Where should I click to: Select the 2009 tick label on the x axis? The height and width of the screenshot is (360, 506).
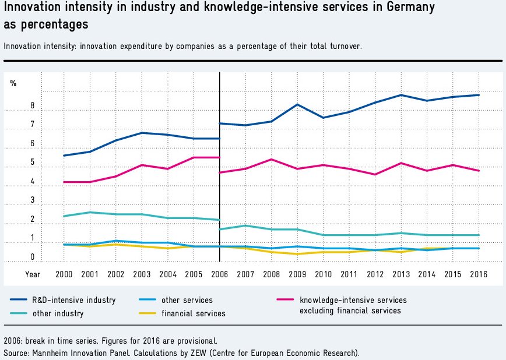297,273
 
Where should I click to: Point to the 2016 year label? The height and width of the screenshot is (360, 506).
479,273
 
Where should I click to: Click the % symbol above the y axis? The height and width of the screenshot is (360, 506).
13,84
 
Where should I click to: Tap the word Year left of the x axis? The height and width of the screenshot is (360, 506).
33,273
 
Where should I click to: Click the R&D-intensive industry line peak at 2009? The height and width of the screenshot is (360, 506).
297,104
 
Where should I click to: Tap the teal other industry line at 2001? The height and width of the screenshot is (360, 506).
90,212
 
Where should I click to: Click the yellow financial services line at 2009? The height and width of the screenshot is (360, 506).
297,254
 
